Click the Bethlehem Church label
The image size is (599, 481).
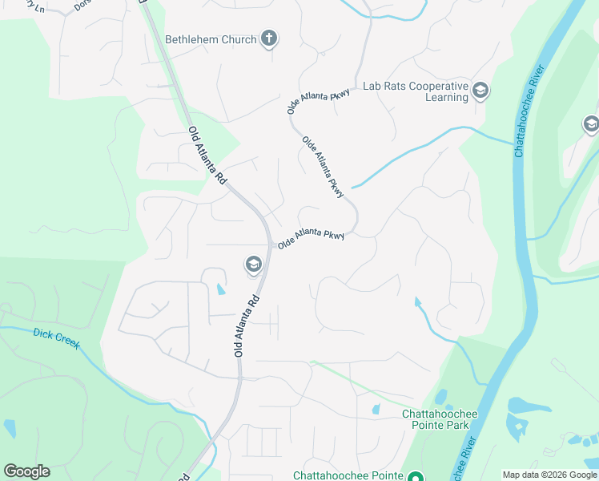[211, 39]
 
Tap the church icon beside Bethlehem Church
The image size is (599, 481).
[269, 38]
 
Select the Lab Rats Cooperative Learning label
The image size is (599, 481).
[415, 91]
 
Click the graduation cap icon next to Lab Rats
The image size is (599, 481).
[480, 90]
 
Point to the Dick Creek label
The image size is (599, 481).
[56, 339]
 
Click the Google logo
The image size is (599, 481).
[26, 471]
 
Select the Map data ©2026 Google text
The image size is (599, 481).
[549, 475]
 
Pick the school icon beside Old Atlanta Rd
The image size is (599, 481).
[253, 265]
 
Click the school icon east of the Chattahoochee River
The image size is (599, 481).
[591, 124]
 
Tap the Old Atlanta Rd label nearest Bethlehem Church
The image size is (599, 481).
[208, 155]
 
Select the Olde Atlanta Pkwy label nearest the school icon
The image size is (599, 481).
[311, 238]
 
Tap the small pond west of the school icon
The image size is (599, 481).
[220, 289]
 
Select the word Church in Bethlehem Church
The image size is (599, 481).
[239, 39]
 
